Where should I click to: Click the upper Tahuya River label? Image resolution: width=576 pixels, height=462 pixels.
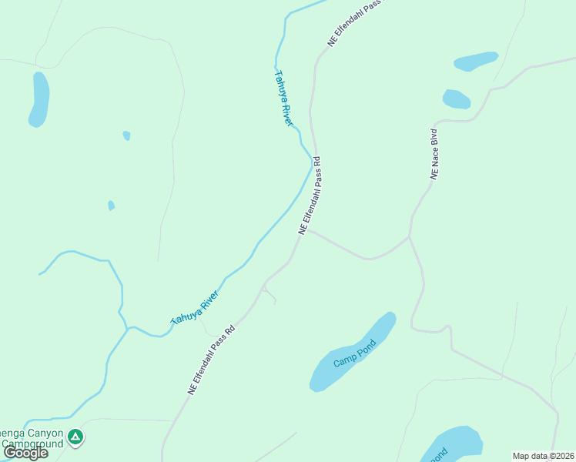click(284, 99)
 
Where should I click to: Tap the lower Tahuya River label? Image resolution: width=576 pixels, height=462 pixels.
click(196, 306)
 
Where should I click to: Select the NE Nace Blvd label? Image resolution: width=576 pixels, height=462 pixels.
click(437, 154)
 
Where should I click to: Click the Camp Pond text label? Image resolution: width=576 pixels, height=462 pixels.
click(353, 353)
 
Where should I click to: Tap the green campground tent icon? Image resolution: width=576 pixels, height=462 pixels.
click(75, 438)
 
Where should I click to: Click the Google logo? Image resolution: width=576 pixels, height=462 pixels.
click(26, 453)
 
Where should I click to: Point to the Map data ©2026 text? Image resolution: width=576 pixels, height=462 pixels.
click(543, 456)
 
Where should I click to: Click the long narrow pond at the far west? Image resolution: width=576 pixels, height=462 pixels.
click(39, 99)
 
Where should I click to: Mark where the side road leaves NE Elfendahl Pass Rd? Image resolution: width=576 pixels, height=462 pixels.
click(309, 229)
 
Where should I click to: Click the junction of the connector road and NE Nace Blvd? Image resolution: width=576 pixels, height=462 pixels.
click(410, 237)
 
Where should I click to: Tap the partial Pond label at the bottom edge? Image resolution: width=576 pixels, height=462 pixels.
click(438, 455)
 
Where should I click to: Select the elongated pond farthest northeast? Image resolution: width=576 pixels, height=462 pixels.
click(475, 61)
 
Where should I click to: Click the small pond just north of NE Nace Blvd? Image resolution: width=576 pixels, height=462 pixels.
click(456, 99)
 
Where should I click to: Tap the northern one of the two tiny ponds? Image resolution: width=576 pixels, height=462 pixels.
click(126, 136)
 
